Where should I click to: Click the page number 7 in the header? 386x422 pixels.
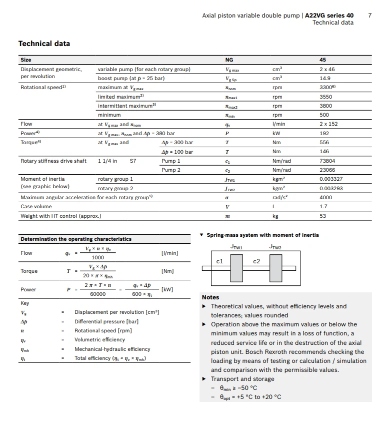pyautogui.click(x=369, y=16)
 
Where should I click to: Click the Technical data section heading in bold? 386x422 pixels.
pyautogui.click(x=44, y=44)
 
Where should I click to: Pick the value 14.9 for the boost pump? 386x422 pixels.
pyautogui.click(x=325, y=79)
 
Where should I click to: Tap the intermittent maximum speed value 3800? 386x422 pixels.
pyautogui.click(x=325, y=106)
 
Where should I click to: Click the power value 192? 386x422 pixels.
pyautogui.click(x=324, y=134)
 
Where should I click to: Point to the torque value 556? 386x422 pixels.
pyautogui.click(x=324, y=143)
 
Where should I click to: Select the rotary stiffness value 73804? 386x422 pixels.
pyautogui.click(x=327, y=161)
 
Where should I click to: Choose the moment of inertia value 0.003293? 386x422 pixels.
pyautogui.click(x=331, y=189)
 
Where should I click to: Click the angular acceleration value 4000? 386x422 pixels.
pyautogui.click(x=325, y=197)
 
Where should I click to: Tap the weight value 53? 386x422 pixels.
pyautogui.click(x=322, y=216)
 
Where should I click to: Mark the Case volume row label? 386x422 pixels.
pyautogui.click(x=36, y=207)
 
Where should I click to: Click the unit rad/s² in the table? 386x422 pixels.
pyautogui.click(x=279, y=197)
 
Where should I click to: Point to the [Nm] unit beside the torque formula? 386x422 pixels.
pyautogui.click(x=167, y=271)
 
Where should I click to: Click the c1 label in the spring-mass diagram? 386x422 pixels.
pyautogui.click(x=219, y=261)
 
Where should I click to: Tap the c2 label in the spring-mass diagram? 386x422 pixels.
pyautogui.click(x=256, y=261)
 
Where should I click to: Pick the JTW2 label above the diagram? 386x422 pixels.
pyautogui.click(x=275, y=247)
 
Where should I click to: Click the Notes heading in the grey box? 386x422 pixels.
pyautogui.click(x=210, y=297)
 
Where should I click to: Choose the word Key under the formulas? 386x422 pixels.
pyautogui.click(x=25, y=303)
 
